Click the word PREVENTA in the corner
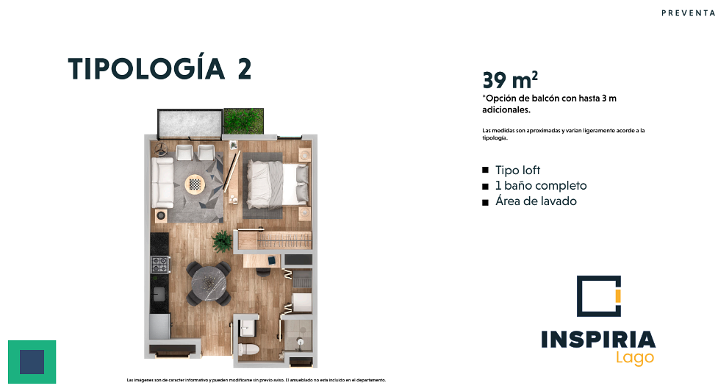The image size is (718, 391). tap(688, 12)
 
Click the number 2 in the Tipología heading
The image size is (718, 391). tap(245, 69)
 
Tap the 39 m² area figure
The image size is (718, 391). tap(509, 80)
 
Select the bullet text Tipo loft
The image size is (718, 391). tap(517, 171)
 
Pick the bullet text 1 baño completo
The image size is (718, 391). tap(541, 186)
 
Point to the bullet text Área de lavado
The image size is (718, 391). tap(536, 201)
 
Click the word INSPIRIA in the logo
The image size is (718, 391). tap(598, 340)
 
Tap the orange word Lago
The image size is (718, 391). tap(635, 358)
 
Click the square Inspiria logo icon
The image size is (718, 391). tap(598, 295)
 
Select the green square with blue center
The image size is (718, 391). tap(32, 362)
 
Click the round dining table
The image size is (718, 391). tap(209, 284)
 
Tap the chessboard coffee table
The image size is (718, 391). tap(195, 184)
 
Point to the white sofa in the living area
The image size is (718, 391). tap(162, 183)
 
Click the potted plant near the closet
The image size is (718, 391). tap(222, 241)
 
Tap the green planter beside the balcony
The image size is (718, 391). tap(243, 121)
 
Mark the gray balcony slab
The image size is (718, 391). tap(190, 123)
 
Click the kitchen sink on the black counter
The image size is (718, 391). tap(159, 294)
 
